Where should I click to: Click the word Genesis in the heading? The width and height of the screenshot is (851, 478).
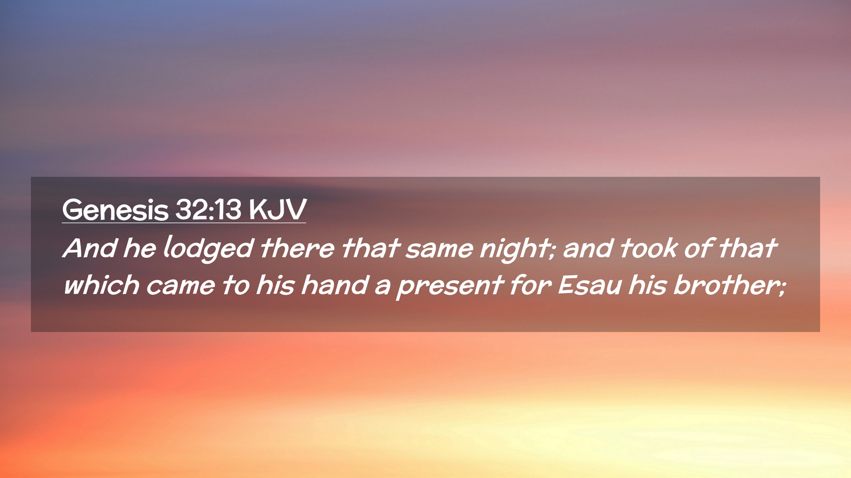pyautogui.click(x=115, y=210)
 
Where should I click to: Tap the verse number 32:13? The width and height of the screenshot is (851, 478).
pyautogui.click(x=208, y=209)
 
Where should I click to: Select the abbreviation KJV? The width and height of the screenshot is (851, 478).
pyautogui.click(x=277, y=209)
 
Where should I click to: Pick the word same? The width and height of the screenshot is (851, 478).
pyautogui.click(x=439, y=249)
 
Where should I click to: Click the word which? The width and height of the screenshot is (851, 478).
pyautogui.click(x=101, y=285)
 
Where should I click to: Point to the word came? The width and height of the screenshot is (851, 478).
pyautogui.click(x=180, y=286)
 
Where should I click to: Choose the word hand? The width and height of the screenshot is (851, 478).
pyautogui.click(x=335, y=285)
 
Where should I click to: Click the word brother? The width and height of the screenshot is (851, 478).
pyautogui.click(x=725, y=285)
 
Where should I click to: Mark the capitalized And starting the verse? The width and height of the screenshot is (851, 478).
pyautogui.click(x=90, y=248)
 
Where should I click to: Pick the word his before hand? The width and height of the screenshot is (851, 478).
pyautogui.click(x=275, y=285)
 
